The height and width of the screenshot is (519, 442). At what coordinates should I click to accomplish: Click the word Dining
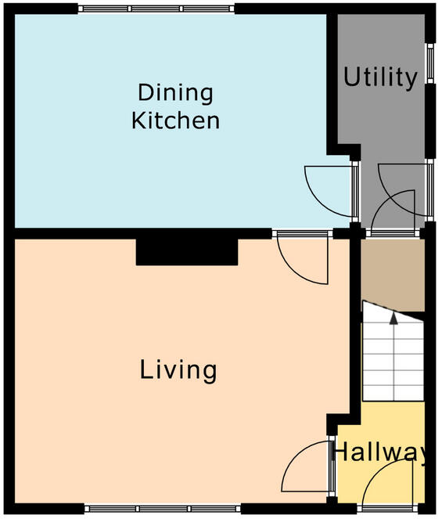pos(176,94)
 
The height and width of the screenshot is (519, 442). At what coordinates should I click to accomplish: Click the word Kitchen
pos(176,121)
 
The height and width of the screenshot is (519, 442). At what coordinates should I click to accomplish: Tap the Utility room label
pos(380,78)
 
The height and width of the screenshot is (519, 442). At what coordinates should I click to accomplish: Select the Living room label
pos(178,371)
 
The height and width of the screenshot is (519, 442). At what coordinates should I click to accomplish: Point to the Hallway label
pos(380,452)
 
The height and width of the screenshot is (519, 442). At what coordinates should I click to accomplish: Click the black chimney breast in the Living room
pos(187,252)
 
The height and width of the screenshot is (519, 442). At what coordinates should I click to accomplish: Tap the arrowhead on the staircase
pos(393,318)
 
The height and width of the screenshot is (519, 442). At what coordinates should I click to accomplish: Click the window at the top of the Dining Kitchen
pos(156,9)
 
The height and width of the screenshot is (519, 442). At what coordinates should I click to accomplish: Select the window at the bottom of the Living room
pos(163,509)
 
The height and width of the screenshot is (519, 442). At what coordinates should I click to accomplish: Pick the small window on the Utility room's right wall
pos(430,63)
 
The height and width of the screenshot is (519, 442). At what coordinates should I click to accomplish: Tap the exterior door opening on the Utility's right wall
pos(429,190)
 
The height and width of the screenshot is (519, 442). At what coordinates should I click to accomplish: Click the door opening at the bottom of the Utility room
pos(393,234)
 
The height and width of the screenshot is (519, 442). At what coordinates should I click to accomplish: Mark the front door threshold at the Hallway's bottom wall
pos(387,509)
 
